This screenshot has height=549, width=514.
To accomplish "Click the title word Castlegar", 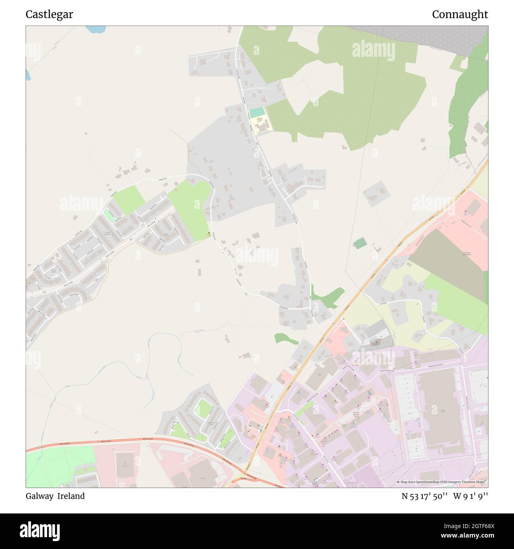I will [x=49, y=15].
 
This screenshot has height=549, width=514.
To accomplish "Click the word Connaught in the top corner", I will [x=459, y=15].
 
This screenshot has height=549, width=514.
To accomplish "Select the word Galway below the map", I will [x=39, y=496].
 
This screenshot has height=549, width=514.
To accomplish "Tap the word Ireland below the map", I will [x=71, y=496].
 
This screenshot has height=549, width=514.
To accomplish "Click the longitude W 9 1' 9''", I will [x=471, y=496].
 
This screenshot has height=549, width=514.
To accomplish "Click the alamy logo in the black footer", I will [x=40, y=530].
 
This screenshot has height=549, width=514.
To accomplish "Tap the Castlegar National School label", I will [x=259, y=119].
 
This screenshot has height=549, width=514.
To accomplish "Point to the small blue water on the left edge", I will [x=28, y=74].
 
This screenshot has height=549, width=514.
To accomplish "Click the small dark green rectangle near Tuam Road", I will [x=360, y=243].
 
